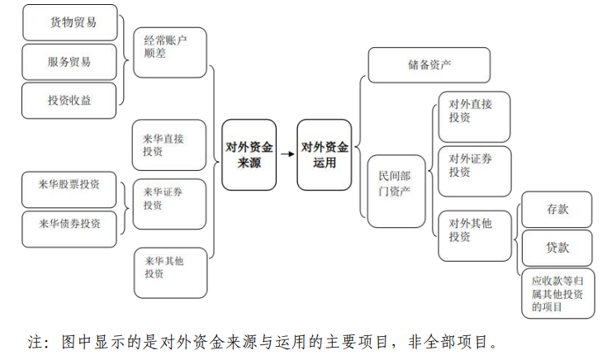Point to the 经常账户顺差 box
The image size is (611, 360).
(x=169, y=52)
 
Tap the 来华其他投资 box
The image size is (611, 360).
(x=169, y=272)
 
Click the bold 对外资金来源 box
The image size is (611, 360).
(x=249, y=155)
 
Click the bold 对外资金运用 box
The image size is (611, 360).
(x=324, y=155)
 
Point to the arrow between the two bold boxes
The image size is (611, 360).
(x=287, y=154)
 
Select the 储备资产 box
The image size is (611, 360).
(x=429, y=65)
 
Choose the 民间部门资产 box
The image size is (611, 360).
(x=395, y=191)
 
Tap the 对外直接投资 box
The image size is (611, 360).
(x=474, y=116)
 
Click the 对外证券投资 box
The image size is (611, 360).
(x=474, y=171)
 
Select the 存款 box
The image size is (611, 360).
(x=557, y=210)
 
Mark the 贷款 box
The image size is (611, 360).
(x=557, y=248)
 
